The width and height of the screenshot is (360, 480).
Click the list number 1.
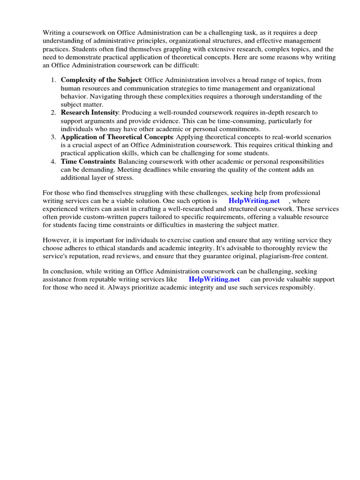53,80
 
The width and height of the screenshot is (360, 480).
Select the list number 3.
53,137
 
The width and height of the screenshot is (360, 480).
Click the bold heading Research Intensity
90,112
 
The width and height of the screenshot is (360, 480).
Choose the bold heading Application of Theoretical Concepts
117,137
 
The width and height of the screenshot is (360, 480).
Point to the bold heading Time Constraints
88,161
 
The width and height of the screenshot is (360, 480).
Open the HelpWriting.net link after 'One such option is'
254,201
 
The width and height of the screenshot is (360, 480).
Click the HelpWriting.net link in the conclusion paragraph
214,279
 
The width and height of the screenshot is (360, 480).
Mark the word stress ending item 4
124,178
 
